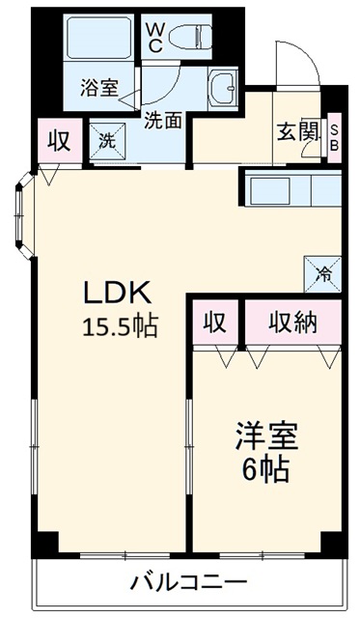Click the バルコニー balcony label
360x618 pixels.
pos(189,583)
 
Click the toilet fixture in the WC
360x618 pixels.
pos(188,38)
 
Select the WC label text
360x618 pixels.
pos(153,37)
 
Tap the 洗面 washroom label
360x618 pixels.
pos(165,121)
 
